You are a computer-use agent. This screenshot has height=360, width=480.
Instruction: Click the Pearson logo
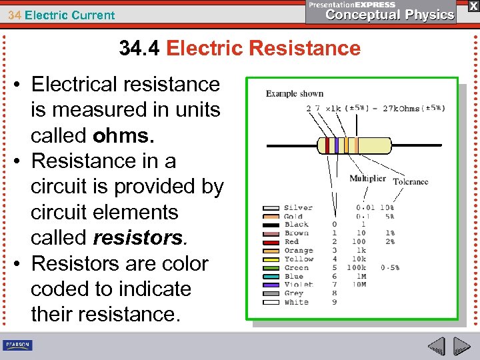[18, 345]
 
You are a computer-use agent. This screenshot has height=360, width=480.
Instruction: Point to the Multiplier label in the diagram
[367, 179]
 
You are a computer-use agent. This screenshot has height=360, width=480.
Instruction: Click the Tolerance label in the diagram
[411, 181]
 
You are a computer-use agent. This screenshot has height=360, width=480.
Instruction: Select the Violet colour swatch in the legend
[271, 285]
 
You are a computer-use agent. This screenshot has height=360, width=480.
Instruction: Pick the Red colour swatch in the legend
[271, 242]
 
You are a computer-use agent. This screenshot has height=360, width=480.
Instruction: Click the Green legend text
[296, 267]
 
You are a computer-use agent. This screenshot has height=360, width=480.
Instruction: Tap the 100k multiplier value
[360, 267]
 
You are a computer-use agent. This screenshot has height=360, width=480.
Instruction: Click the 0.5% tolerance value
[391, 267]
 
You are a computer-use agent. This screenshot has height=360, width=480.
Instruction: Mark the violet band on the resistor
[337, 145]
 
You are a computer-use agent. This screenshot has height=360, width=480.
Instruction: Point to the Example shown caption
[295, 93]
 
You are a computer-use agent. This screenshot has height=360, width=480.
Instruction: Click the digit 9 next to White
[334, 302]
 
